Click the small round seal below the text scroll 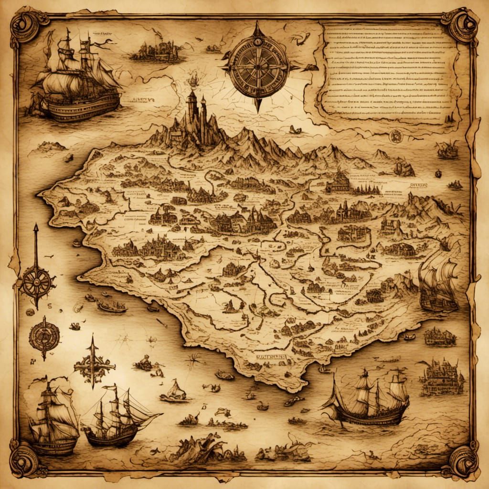tap(395, 136)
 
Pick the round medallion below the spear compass tap(44, 337)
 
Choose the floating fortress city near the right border tap(442, 377)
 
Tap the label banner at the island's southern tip tap(265, 357)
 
